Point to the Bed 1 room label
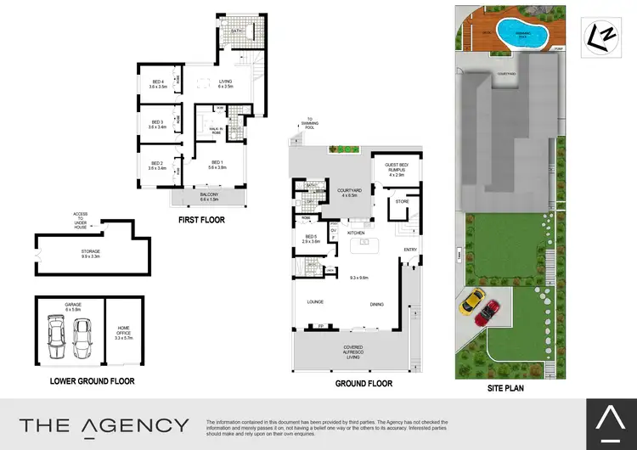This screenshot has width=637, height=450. tap(217, 165)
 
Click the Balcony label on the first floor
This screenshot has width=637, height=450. tap(208, 198)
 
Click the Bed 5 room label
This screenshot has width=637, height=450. tap(310, 239)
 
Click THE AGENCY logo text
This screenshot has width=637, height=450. tap(104, 425)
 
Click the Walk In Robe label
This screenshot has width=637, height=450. tap(217, 130)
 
